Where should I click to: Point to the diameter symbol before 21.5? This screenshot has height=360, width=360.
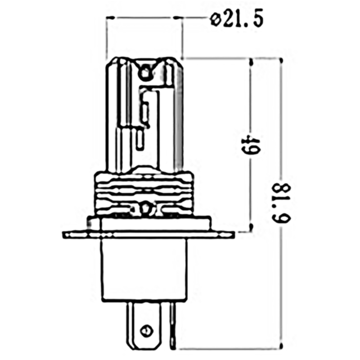(216, 21)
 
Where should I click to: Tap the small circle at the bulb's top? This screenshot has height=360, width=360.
(145, 73)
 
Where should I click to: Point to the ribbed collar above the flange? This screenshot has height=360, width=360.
(144, 191)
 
